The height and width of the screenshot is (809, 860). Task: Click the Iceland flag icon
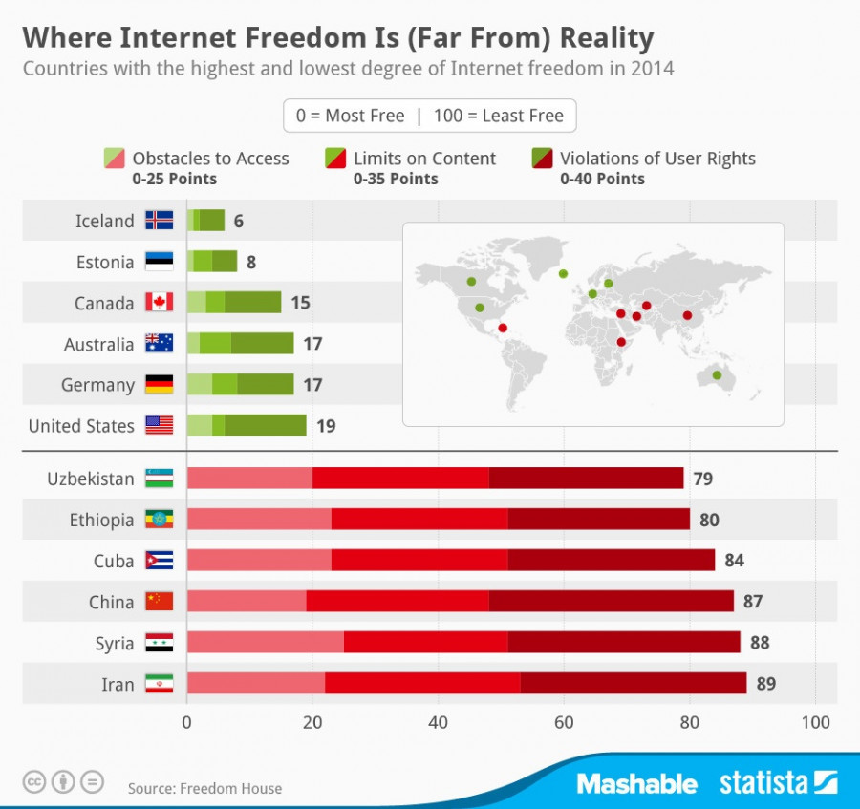(159, 221)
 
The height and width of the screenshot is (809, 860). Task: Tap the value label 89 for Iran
(765, 684)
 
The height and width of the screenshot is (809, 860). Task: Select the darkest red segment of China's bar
(611, 602)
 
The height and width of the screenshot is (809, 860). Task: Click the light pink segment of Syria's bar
(265, 643)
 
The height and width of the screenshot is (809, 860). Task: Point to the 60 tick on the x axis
(564, 722)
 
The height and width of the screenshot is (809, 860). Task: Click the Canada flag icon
(159, 303)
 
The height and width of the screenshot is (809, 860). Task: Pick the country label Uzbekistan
(91, 479)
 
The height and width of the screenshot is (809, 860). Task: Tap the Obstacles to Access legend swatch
(114, 159)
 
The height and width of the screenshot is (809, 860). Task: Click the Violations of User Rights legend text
(657, 159)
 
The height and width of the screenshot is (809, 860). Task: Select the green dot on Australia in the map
(717, 375)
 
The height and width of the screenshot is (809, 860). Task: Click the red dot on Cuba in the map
(503, 328)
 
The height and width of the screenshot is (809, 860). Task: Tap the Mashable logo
(636, 784)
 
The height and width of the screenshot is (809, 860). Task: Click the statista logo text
(763, 784)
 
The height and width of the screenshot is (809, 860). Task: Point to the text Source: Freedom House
(204, 788)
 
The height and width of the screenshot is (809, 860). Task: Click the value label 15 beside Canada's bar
(300, 303)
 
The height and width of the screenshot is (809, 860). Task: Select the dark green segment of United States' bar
(266, 425)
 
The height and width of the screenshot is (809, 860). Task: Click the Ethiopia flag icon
(159, 520)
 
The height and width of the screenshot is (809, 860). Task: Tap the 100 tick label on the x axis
(814, 722)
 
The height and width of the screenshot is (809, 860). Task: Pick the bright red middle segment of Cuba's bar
(419, 561)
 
